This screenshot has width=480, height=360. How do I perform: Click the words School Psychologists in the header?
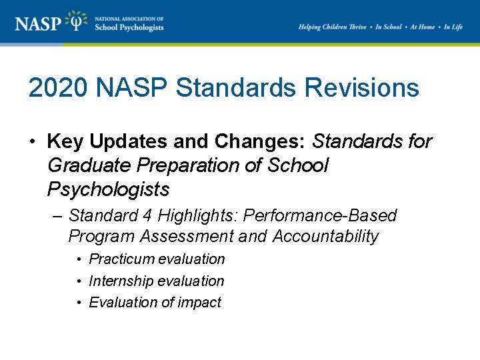(x=129, y=27)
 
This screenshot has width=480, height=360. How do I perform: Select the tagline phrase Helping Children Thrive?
(x=333, y=27)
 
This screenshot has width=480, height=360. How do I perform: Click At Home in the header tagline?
(x=422, y=27)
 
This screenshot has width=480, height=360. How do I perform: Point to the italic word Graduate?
(x=87, y=166)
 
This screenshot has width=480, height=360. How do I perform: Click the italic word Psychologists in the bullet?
(x=108, y=190)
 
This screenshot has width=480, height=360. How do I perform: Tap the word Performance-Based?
(x=320, y=216)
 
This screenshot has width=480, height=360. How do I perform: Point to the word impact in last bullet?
(x=200, y=303)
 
